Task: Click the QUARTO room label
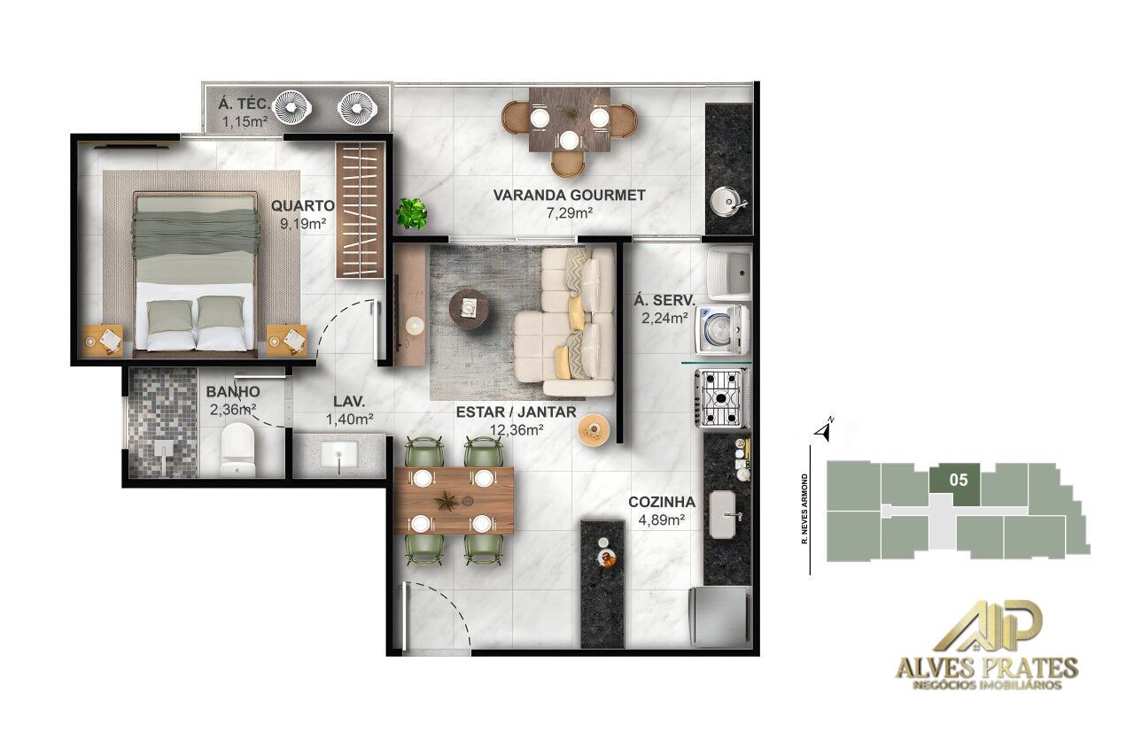pos(303,206)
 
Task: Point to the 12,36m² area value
pos(517,430)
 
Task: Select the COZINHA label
pos(662,502)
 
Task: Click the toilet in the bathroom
pos(237,450)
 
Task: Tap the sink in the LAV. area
pos(338,455)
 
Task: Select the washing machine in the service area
pos(721,328)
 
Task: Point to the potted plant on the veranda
pos(411,212)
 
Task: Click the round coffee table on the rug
pos(468,310)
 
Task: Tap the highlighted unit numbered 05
pos(957,483)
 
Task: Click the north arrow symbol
pos(825,431)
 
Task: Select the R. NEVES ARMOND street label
pos(804,509)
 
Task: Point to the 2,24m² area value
pos(662,317)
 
